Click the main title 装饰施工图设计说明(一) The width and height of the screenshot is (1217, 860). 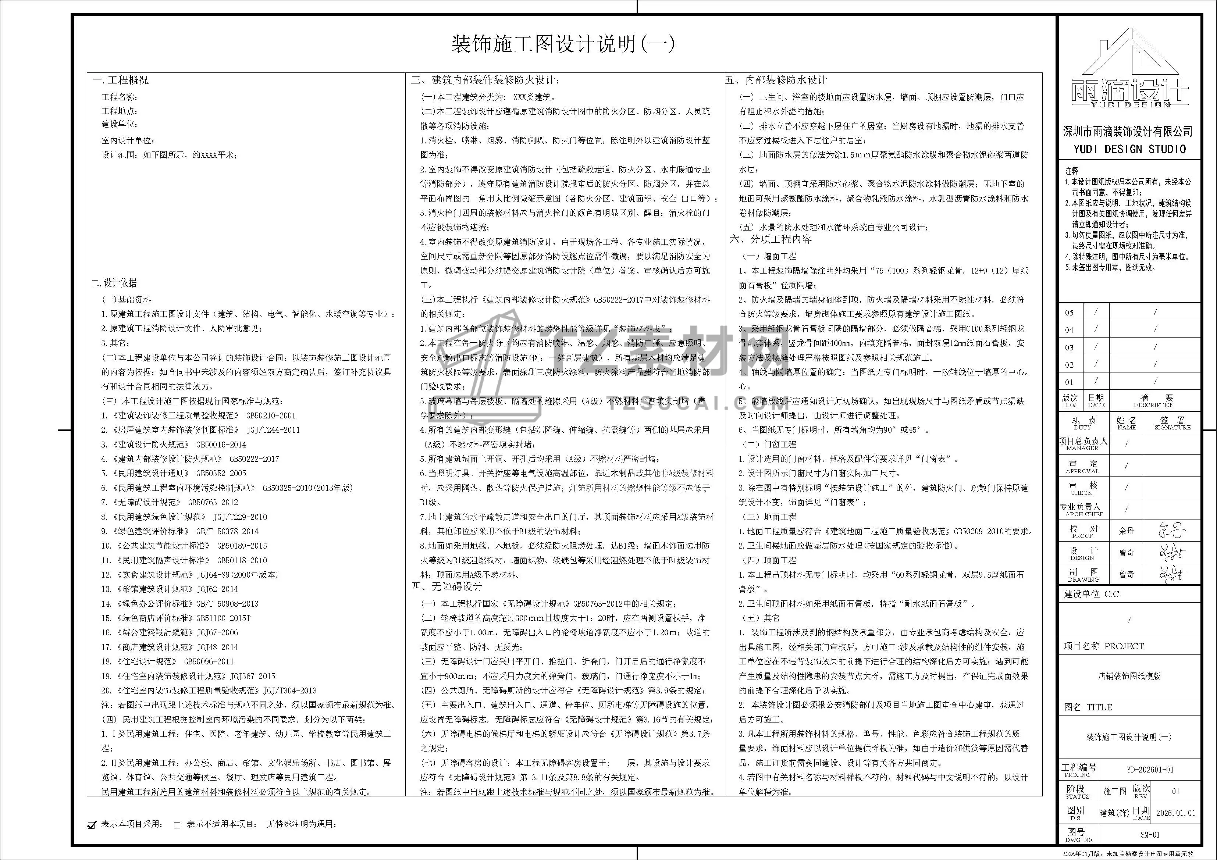pyautogui.click(x=563, y=44)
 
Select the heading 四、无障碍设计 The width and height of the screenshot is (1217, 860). pyautogui.click(x=447, y=586)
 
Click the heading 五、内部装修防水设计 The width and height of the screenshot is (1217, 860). pyautogui.click(x=776, y=81)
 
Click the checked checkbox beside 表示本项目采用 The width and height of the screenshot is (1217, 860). pyautogui.click(x=92, y=824)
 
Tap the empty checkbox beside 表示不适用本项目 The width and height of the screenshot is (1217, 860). pyautogui.click(x=177, y=824)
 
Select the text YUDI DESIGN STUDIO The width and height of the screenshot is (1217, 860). pyautogui.click(x=1129, y=149)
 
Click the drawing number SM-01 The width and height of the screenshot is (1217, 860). pyautogui.click(x=1150, y=835)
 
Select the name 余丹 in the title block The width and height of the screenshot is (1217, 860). pyautogui.click(x=1127, y=531)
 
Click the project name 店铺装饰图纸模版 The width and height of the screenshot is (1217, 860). pyautogui.click(x=1129, y=676)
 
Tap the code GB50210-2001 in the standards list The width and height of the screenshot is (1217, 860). pyautogui.click(x=271, y=416)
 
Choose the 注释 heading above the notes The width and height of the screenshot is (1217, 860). pyautogui.click(x=1072, y=171)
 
